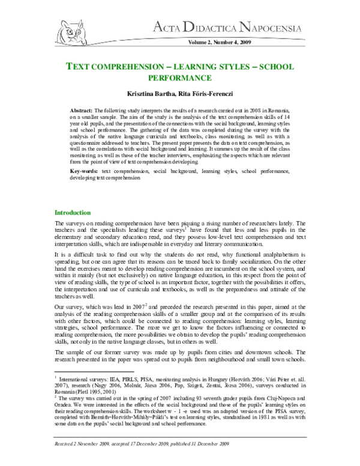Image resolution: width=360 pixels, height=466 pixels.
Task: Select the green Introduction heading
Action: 73,213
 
